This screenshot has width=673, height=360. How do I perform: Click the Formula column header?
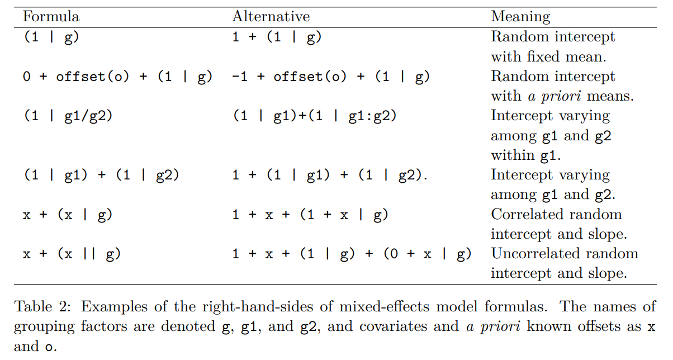click(51, 16)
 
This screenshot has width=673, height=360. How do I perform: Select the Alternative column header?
click(271, 16)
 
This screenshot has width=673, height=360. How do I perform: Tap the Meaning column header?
click(520, 17)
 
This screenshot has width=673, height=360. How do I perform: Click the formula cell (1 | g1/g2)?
click(68, 116)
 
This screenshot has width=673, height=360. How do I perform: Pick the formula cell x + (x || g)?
click(72, 254)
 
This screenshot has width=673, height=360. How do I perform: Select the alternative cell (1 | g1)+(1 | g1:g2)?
click(315, 116)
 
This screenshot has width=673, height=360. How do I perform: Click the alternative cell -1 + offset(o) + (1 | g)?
click(331, 77)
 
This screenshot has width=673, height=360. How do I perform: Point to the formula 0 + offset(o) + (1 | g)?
click(117, 77)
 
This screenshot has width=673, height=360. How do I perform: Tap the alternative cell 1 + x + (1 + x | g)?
click(310, 215)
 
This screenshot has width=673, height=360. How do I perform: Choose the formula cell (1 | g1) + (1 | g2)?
click(101, 175)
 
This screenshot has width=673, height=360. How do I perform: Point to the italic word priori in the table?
click(561, 97)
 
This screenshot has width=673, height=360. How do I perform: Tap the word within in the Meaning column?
click(512, 155)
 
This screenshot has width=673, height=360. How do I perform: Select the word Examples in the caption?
click(114, 307)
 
